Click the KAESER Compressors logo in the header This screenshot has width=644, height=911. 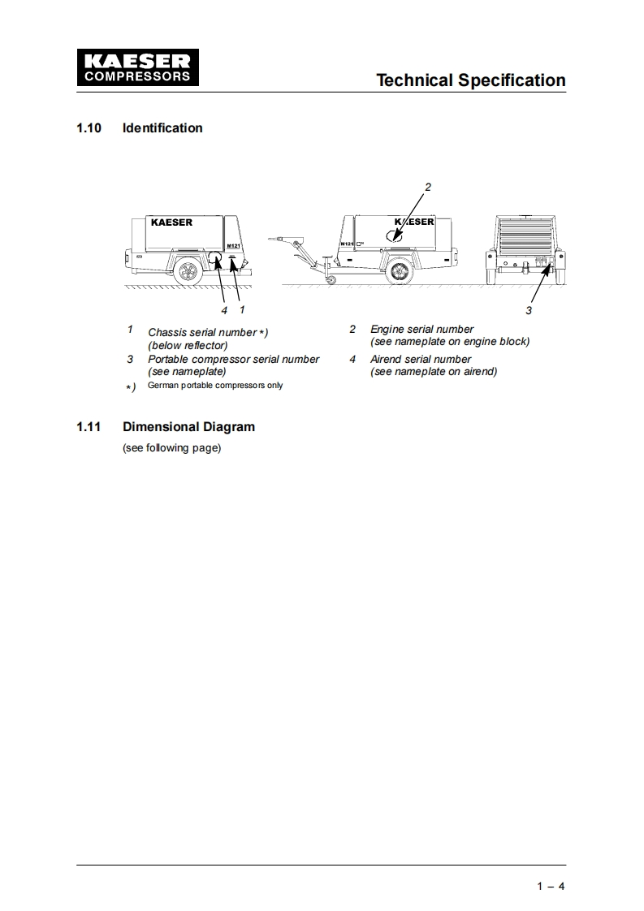135,68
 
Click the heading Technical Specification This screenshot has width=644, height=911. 471,80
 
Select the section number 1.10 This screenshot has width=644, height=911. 89,127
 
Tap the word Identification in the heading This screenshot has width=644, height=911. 162,127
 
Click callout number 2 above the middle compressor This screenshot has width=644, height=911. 428,187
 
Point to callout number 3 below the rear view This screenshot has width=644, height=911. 529,310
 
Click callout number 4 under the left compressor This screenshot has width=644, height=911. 224,309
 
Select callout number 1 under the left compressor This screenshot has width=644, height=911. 242,309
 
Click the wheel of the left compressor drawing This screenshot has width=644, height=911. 188,271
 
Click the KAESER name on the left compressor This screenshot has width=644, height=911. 171,222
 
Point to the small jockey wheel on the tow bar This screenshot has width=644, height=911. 331,280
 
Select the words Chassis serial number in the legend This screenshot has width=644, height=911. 201,333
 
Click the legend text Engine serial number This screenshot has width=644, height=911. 421,329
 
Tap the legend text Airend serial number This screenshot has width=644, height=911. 421,359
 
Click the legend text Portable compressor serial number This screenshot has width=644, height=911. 233,359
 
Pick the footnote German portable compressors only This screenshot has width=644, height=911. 215,385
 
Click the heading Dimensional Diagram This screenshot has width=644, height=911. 188,426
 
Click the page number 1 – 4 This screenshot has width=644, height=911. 551,886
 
